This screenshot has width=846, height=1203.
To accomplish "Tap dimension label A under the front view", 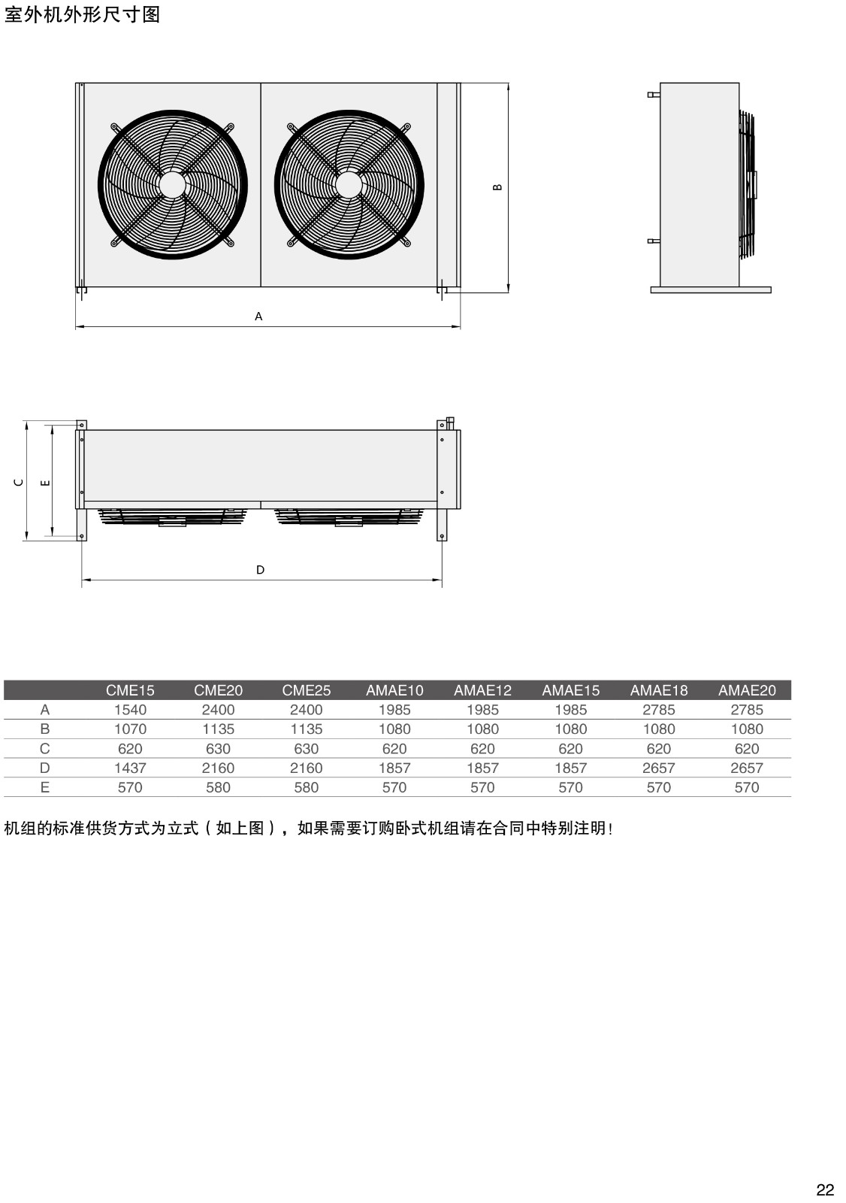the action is point(258,317).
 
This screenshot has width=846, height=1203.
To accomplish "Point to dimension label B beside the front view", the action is point(497,187).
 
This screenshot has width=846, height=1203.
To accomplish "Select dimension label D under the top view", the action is point(261,570).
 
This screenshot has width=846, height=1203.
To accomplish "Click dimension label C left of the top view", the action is point(19,482).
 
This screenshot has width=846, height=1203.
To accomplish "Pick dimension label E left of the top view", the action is point(46,483).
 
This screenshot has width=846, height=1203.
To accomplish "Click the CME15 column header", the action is point(130,690).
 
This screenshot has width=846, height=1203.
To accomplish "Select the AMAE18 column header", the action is point(659,690).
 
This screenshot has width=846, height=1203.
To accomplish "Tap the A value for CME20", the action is point(218,710).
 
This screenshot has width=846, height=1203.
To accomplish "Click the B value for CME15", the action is point(130,729).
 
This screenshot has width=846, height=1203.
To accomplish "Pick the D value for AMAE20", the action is point(747,768).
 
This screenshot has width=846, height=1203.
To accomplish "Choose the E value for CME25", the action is point(306,787).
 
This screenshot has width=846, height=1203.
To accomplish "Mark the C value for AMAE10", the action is point(394,749).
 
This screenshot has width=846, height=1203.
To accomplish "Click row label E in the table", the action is point(45,787).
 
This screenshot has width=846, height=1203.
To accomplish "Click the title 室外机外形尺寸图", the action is point(82,14).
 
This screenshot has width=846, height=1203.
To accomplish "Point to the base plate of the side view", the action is point(711,290).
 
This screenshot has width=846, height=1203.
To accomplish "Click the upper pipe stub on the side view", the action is point(654,95).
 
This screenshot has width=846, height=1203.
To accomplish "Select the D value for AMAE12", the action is point(482,768).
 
